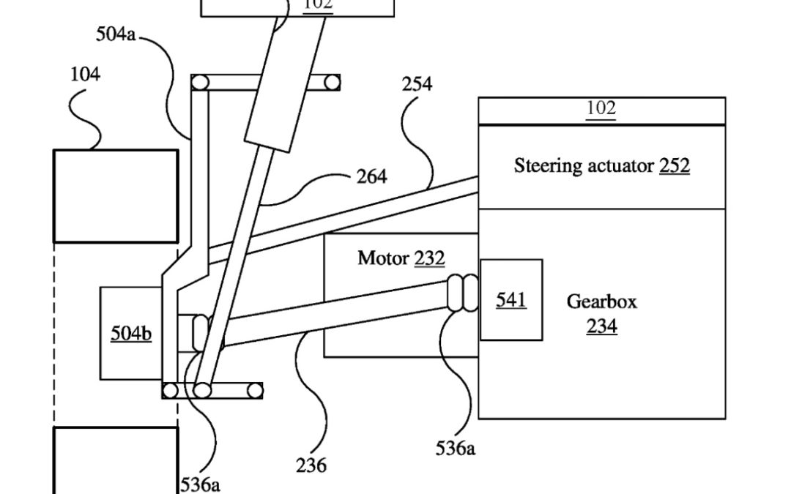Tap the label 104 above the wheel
86,74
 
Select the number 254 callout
417,84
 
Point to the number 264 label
373,176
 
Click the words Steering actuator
584,165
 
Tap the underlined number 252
674,165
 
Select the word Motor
384,258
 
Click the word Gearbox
601,301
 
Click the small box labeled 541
511,299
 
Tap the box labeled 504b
130,333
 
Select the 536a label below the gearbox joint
455,448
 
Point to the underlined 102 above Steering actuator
601,108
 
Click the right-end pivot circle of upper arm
333,82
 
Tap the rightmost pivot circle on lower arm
254,391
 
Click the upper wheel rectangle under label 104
115,195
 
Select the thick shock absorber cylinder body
283,84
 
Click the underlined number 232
429,258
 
